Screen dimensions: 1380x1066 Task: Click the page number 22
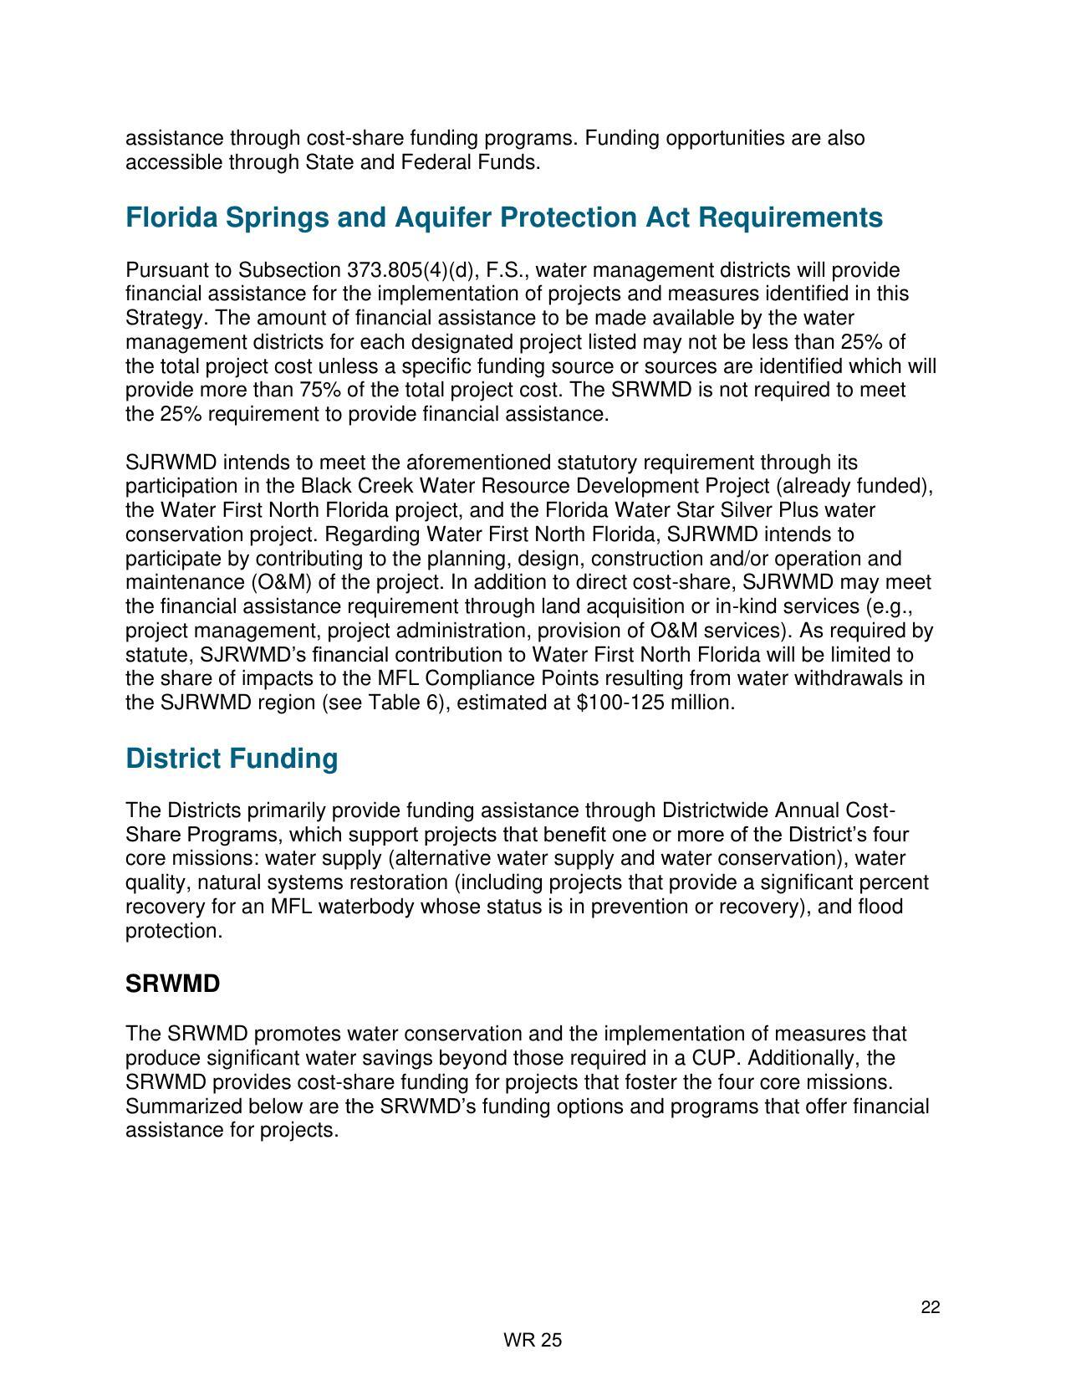pyautogui.click(x=931, y=1308)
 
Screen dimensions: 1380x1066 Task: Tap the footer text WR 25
pyautogui.click(x=533, y=1341)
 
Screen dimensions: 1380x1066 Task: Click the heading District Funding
pyautogui.click(x=232, y=759)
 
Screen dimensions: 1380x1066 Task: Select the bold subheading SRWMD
pyautogui.click(x=172, y=984)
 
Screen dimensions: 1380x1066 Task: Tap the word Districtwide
pyautogui.click(x=716, y=811)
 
